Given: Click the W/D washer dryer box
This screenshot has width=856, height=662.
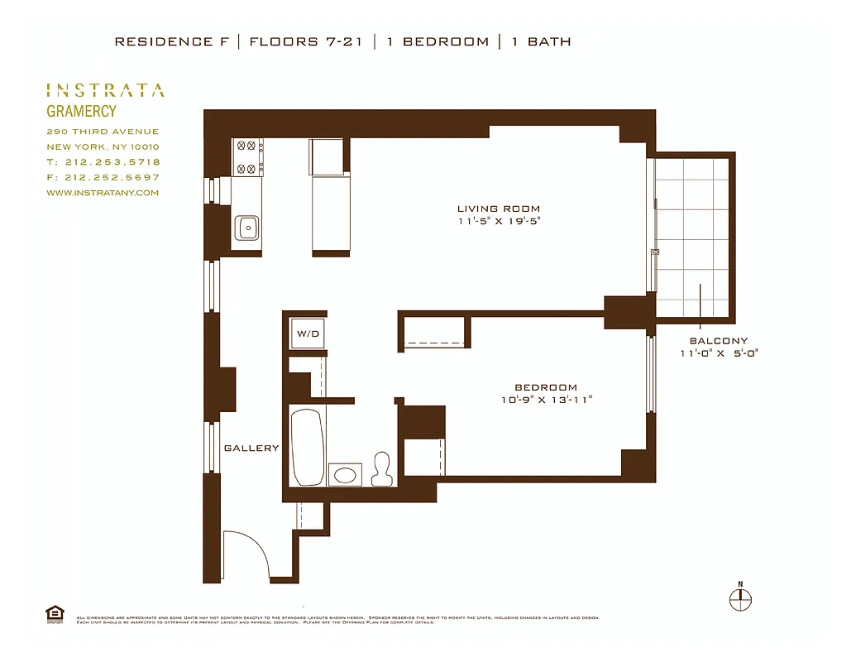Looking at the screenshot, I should tap(308, 335).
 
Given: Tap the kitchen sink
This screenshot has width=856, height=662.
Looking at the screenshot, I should tap(246, 227).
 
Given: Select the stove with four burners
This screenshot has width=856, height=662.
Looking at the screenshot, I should tap(246, 157).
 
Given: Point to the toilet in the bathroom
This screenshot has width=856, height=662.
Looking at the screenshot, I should tap(381, 469).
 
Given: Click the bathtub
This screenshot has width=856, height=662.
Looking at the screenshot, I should tap(308, 447).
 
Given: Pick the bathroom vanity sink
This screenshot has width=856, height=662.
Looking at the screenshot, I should tap(345, 474).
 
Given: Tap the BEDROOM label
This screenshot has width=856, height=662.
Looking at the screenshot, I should tap(546, 387).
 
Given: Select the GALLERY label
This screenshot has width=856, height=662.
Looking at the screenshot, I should tap(251, 448).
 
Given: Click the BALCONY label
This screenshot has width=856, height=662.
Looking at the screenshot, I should tap(718, 341).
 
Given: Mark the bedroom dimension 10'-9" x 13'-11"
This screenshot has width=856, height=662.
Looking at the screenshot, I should tap(546, 400).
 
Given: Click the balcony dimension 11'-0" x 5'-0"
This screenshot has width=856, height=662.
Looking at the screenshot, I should tap(718, 353).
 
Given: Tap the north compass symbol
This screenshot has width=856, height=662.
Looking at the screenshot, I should tap(740, 597).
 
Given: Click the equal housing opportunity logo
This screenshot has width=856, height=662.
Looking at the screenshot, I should tap(55, 613).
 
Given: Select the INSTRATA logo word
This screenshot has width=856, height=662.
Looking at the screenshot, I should tap(104, 91).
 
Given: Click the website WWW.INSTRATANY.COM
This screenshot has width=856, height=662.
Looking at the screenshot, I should tap(103, 193).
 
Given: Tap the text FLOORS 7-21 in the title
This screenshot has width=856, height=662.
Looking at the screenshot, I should tap(304, 41).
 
